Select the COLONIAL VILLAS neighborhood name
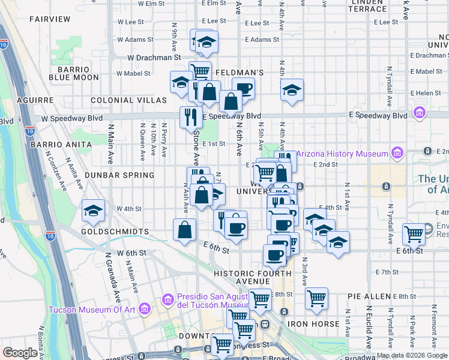(x=128, y=100)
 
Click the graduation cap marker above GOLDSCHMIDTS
(x=92, y=211)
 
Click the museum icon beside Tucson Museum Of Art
(x=143, y=309)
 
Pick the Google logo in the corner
(x=20, y=353)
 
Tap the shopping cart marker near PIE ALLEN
(x=316, y=298)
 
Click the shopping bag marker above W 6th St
(x=185, y=229)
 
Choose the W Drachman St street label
(x=154, y=58)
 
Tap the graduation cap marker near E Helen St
(x=292, y=91)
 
